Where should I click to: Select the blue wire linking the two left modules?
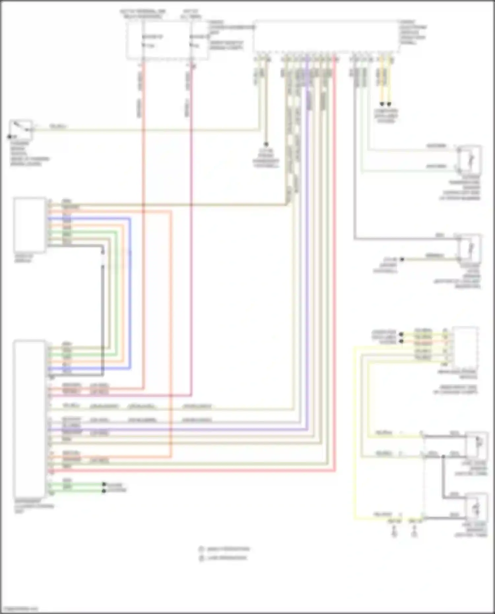coord(130,294)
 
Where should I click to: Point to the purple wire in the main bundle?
coord(308,264)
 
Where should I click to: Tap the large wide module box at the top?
coord(327,37)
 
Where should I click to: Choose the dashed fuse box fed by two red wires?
coord(167,41)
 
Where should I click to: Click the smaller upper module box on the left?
coord(30,225)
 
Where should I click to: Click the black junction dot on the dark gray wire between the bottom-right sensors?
coord(444,457)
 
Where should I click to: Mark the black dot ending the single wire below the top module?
coord(266,144)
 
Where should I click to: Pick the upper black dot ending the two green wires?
coord(104,484)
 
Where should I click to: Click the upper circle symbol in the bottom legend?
coord(201,549)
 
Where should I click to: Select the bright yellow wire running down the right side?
coord(355,429)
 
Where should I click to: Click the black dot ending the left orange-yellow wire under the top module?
coord(382,104)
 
